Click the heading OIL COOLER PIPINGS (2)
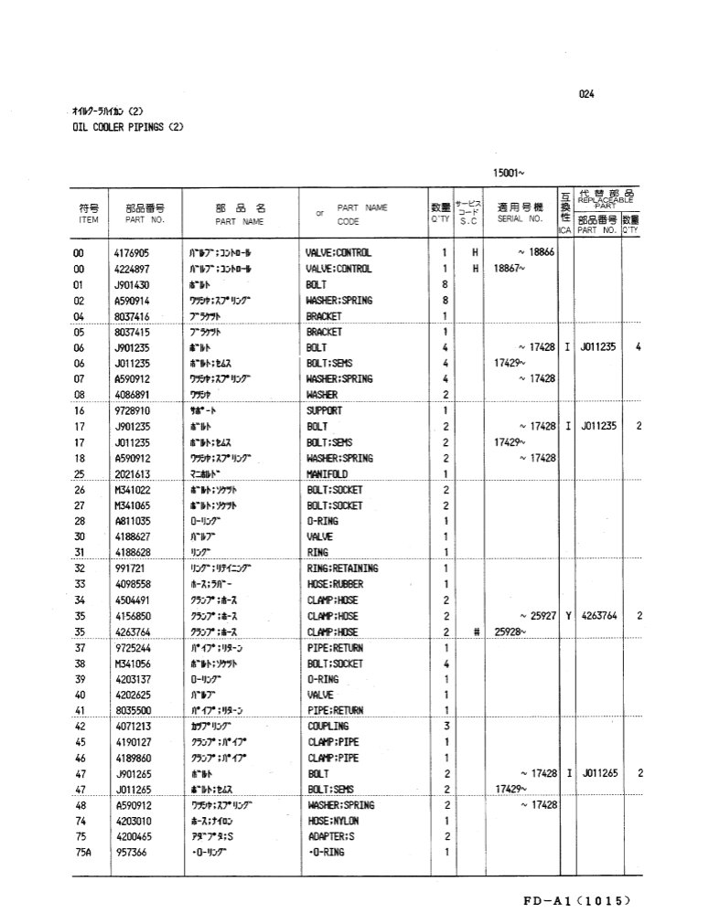click(128, 127)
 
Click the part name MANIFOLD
click(327, 474)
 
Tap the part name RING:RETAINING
click(342, 568)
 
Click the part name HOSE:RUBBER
click(337, 584)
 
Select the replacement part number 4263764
click(598, 616)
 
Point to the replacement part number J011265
click(598, 773)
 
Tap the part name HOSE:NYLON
click(334, 821)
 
